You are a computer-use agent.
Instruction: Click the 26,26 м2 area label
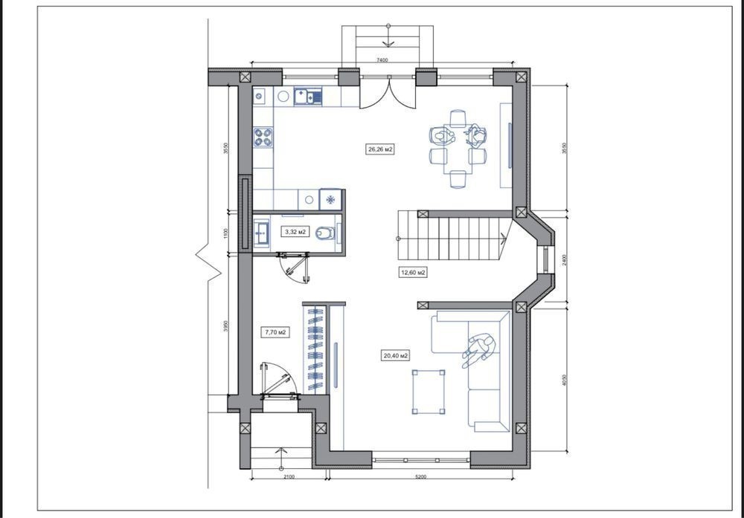(380, 150)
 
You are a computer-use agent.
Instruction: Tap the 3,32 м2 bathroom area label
(295, 232)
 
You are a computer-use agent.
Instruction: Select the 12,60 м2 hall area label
(413, 273)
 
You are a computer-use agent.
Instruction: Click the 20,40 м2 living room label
(395, 355)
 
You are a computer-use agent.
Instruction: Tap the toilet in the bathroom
(326, 233)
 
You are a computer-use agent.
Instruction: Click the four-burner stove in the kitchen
(263, 137)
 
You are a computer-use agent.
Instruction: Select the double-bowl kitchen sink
(307, 96)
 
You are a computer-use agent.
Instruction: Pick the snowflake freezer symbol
(331, 199)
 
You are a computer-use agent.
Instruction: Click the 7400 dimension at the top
(382, 60)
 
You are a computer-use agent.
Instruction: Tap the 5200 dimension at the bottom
(420, 476)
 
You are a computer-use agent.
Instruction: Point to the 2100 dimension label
(289, 476)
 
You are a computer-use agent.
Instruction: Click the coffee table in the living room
(429, 392)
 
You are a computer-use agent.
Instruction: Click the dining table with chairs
(458, 149)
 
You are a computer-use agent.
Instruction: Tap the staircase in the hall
(454, 239)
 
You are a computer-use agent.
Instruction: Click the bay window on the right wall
(547, 259)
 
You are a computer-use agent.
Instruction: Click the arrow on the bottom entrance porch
(281, 453)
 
